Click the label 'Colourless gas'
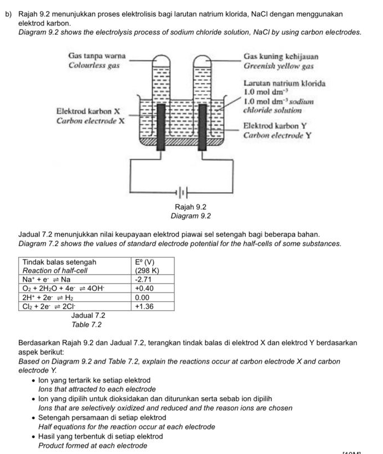coord(94,65)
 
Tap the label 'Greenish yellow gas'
coord(280,66)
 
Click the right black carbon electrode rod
coord(203,126)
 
